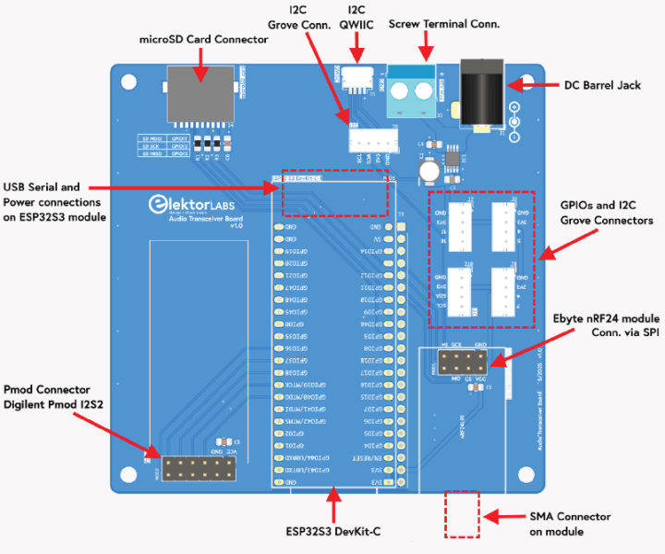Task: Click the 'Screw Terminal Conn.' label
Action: [444, 23]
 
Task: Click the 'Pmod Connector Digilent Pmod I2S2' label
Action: [55, 398]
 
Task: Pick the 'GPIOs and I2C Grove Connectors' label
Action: [606, 212]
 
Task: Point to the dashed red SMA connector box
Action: [462, 513]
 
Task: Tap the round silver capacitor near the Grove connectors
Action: [429, 170]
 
